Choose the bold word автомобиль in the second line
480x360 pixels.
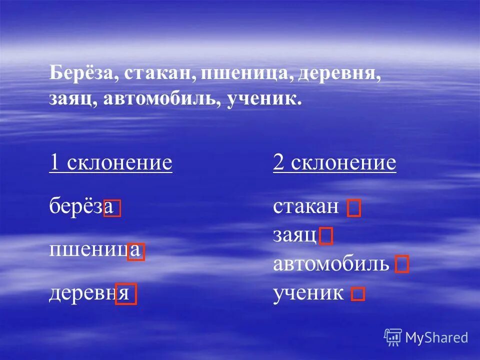tap(163, 98)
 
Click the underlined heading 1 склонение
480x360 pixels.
tap(110, 162)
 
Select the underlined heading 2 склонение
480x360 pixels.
tap(334, 162)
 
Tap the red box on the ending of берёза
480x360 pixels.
tap(112, 208)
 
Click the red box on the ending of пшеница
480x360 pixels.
tap(136, 251)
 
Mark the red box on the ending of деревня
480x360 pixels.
tap(126, 294)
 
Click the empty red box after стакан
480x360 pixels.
tap(354, 208)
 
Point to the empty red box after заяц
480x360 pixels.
tap(326, 236)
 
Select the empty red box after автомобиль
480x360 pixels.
tap(402, 264)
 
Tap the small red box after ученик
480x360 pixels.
tap(358, 294)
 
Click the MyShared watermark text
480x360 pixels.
tap(436, 338)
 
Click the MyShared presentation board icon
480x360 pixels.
tap(393, 337)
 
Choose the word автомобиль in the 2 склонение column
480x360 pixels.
tap(330, 263)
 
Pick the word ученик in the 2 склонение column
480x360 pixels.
tap(308, 293)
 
